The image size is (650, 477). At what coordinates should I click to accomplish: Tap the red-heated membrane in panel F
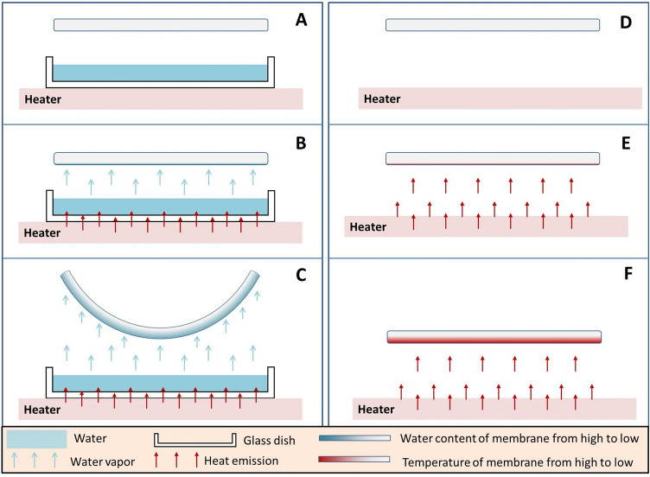494,336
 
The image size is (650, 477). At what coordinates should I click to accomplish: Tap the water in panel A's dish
160,73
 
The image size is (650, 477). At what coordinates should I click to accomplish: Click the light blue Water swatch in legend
36,440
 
